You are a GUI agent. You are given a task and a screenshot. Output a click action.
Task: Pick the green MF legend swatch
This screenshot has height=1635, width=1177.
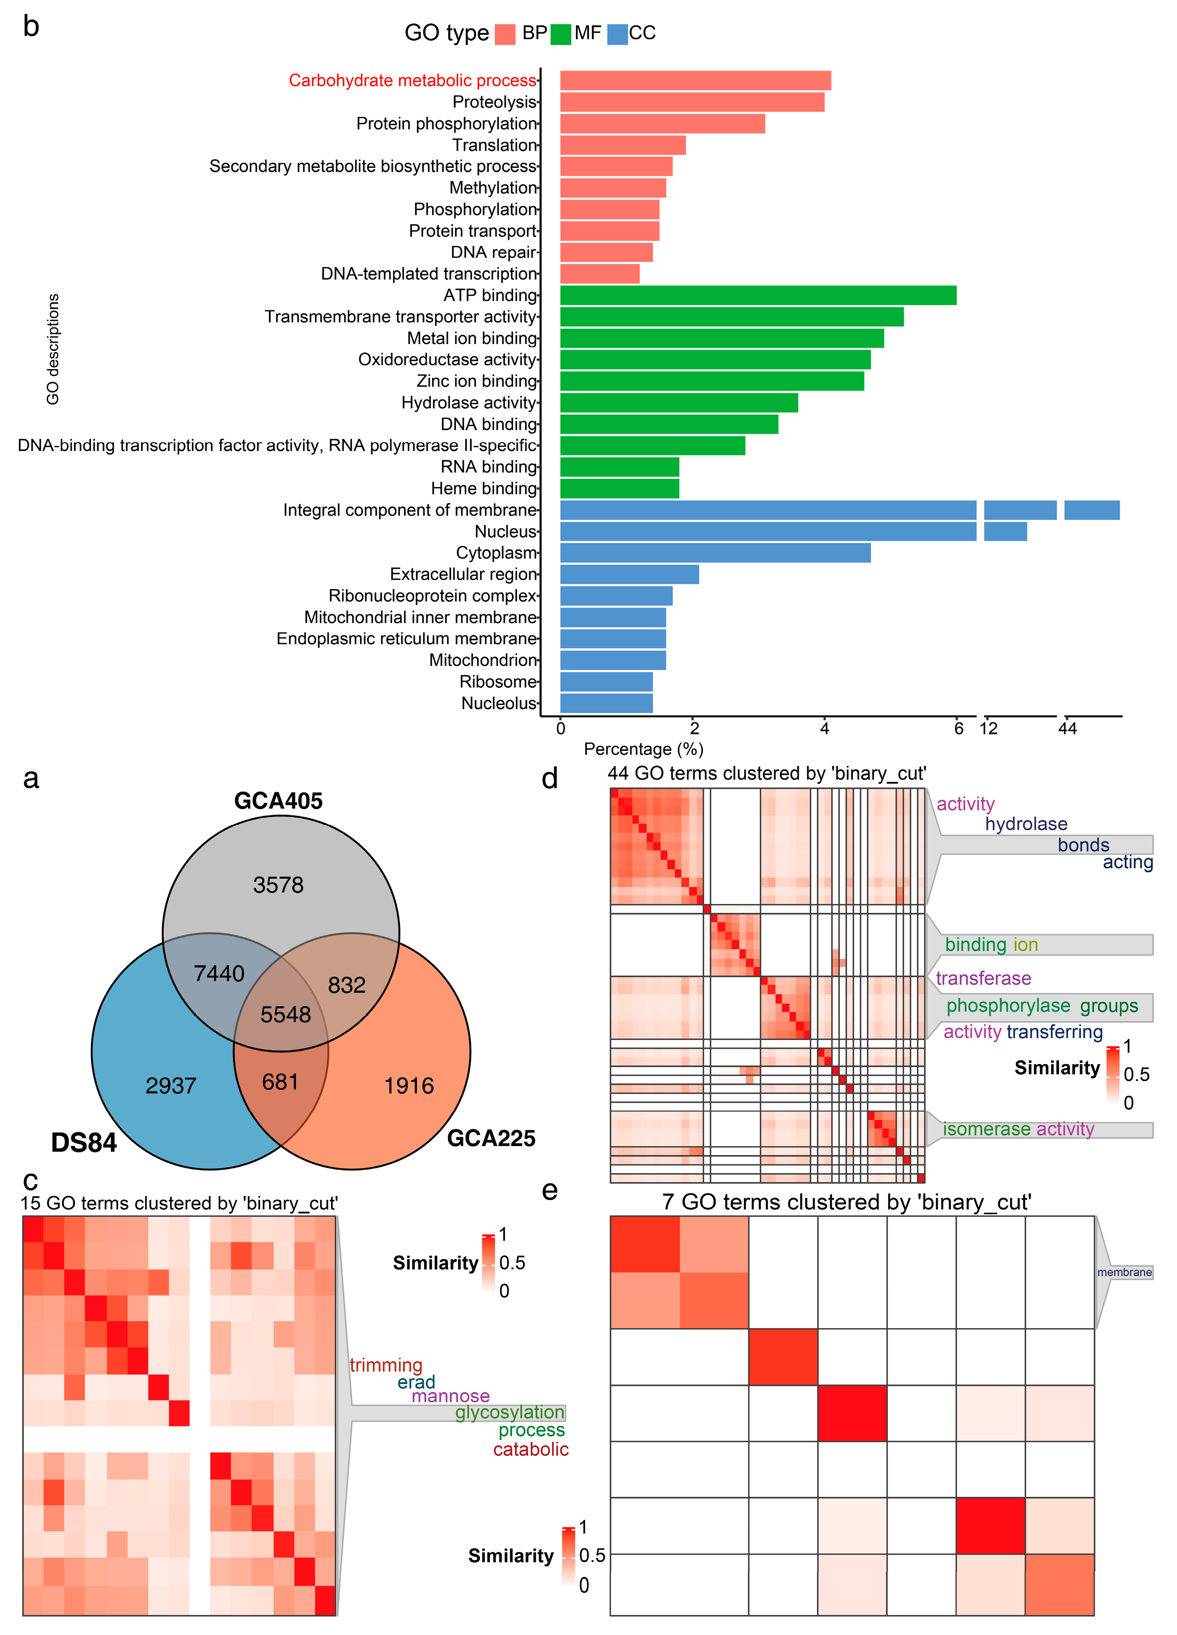560,34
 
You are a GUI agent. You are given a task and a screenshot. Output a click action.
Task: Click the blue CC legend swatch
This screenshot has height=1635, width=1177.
617,34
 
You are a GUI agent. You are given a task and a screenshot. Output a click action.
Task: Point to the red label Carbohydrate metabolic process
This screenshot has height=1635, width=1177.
412,81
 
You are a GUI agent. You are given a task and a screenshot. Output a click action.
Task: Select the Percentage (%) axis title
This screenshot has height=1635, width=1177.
643,749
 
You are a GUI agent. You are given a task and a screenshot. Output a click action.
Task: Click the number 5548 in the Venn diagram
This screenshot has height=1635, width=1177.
285,1014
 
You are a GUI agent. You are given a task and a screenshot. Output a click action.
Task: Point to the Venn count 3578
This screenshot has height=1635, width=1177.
278,884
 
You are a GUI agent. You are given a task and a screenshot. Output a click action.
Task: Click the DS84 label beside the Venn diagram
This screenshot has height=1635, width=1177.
84,1143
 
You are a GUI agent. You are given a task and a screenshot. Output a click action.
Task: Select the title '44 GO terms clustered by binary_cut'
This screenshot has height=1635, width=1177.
766,774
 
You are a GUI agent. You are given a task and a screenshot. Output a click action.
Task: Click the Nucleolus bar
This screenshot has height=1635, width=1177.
606,703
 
